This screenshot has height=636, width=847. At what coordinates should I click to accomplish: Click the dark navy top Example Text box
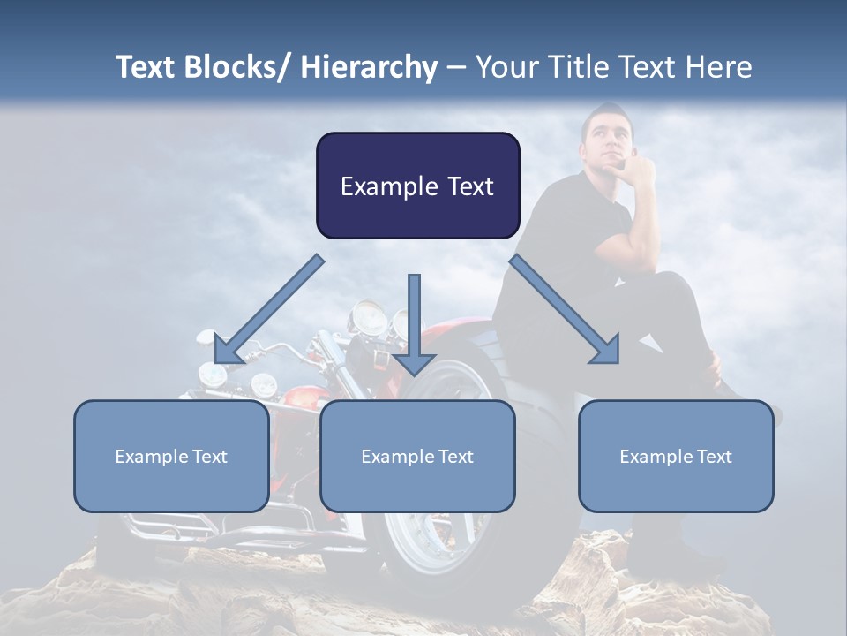(x=417, y=185)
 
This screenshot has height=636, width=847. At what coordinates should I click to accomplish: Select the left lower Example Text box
(x=171, y=457)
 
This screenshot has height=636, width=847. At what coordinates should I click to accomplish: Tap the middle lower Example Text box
(x=417, y=457)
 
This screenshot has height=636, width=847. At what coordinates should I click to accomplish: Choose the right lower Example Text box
(x=676, y=457)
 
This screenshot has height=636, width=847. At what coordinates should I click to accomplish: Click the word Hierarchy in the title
(x=369, y=67)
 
